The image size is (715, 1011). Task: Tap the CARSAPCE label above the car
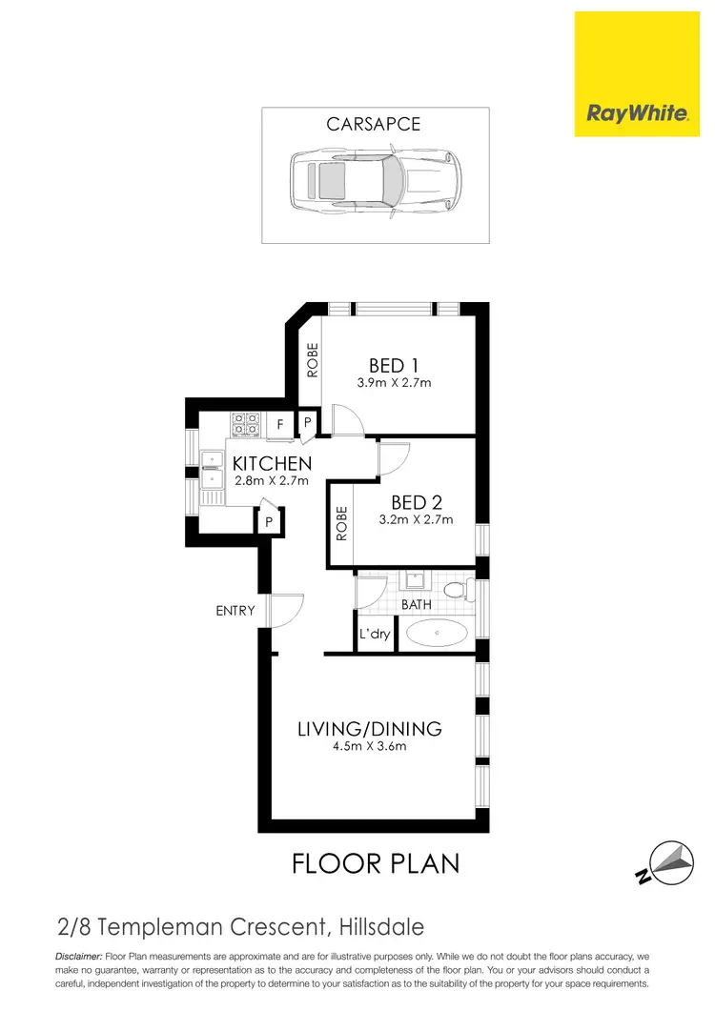pos(373,125)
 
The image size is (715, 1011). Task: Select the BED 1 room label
pos(395,365)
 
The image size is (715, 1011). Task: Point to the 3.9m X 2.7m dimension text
pos(395,384)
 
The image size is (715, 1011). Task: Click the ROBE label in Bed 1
pos(312,360)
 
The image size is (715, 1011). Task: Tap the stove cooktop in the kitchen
pos(245,424)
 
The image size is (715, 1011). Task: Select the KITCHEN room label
pos(272,464)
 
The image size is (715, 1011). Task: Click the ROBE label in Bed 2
pos(341,524)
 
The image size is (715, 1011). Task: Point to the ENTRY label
pos(235,611)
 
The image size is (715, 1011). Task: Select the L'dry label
pos(375,634)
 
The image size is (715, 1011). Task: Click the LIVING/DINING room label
pos(369,729)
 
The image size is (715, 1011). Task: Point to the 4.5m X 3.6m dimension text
pos(369,747)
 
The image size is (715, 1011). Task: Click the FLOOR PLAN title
pos(375,863)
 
